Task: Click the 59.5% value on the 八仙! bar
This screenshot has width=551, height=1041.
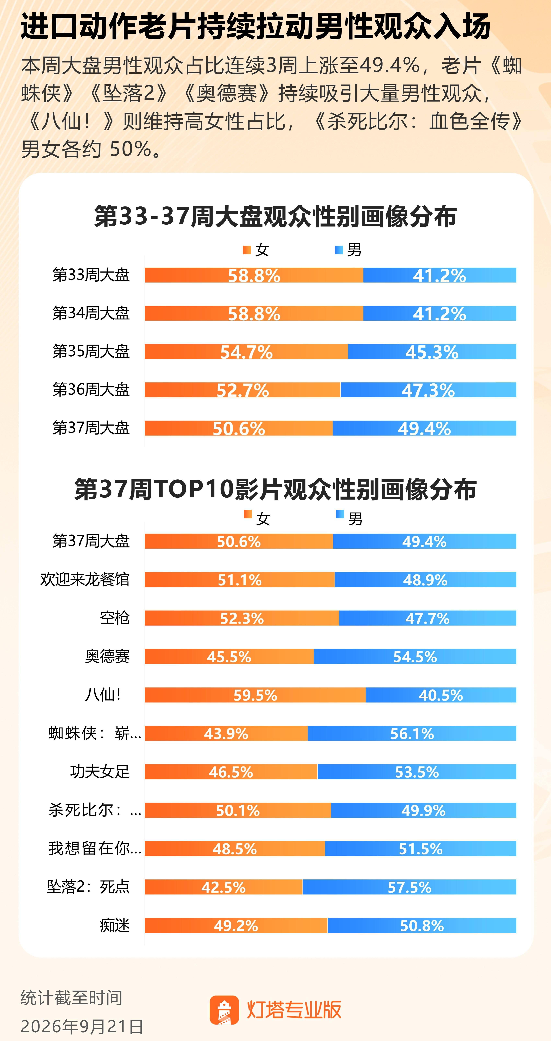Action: tap(255, 695)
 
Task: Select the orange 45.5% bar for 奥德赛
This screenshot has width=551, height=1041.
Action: tap(229, 656)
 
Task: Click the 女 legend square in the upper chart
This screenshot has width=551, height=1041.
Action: tap(247, 250)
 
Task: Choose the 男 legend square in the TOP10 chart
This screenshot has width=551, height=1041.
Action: tap(340, 514)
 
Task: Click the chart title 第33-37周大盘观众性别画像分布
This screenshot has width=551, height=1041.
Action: tap(275, 216)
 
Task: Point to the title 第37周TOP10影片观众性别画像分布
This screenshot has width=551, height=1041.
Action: tap(275, 489)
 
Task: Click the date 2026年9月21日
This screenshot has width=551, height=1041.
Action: tap(82, 1026)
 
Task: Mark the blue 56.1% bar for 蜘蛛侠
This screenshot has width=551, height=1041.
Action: tap(412, 733)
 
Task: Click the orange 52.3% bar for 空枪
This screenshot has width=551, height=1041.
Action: tap(242, 618)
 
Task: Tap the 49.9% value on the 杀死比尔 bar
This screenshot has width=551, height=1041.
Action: tap(423, 810)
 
